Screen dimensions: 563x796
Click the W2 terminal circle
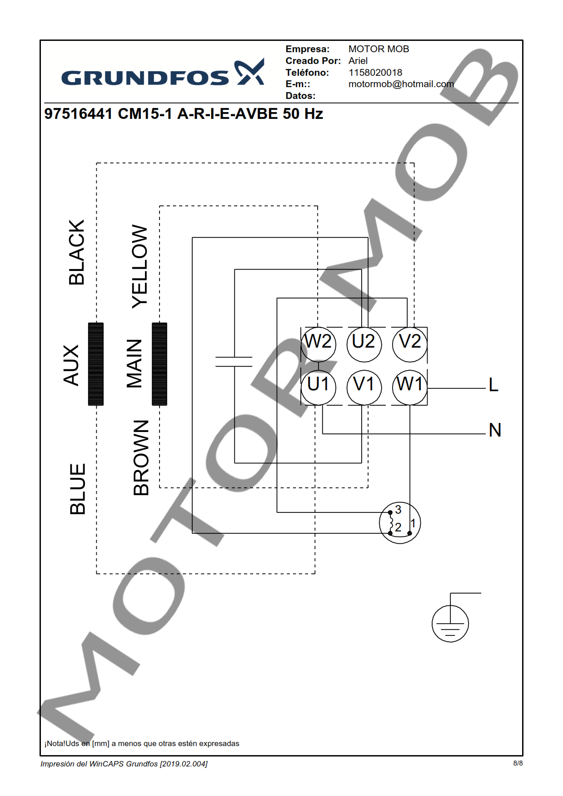point(319,344)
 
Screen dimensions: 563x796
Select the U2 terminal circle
point(364,344)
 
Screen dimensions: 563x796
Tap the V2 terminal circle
point(410,344)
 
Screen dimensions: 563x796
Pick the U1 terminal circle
point(319,388)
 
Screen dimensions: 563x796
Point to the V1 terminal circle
point(364,388)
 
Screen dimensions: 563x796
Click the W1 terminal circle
point(410,388)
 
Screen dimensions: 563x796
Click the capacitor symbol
point(234,362)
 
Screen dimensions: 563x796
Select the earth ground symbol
point(450,623)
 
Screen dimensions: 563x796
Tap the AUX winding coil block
point(96,364)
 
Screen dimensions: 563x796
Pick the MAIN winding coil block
point(159,364)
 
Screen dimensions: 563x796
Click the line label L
point(493,385)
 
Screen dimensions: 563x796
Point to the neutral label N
point(495,430)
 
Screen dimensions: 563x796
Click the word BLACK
point(77,252)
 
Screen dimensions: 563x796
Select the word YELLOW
point(140,266)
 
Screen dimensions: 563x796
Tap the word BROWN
point(141,457)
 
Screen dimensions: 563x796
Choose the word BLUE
point(78,489)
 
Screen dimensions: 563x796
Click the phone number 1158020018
point(375,73)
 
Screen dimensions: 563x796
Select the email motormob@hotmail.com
point(401,84)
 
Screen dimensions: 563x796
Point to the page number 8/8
point(518,763)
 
